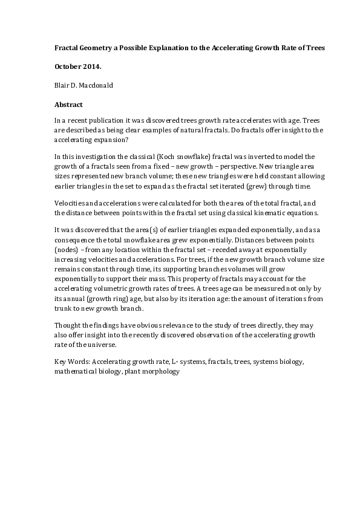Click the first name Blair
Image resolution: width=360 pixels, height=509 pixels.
coord(62,85)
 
